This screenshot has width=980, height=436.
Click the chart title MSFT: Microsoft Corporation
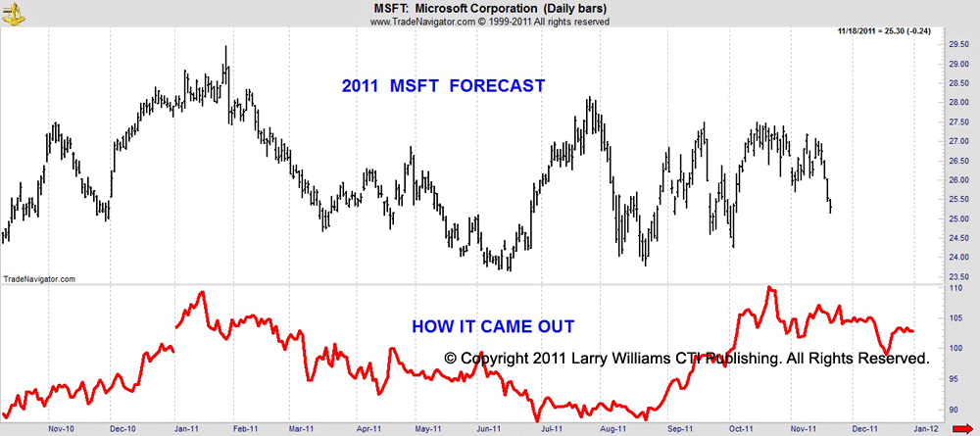click(489, 9)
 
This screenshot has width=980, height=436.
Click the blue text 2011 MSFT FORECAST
click(443, 86)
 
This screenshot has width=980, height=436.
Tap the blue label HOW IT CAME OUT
click(492, 326)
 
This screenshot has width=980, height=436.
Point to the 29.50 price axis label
click(956, 44)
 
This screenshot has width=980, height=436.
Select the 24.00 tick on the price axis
click(956, 258)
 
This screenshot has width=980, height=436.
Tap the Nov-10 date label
click(61, 428)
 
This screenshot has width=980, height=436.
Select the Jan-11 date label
click(184, 428)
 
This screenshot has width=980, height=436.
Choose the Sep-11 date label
click(678, 428)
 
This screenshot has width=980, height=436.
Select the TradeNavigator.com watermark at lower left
click(39, 279)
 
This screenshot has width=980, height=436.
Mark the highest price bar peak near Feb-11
click(226, 47)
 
